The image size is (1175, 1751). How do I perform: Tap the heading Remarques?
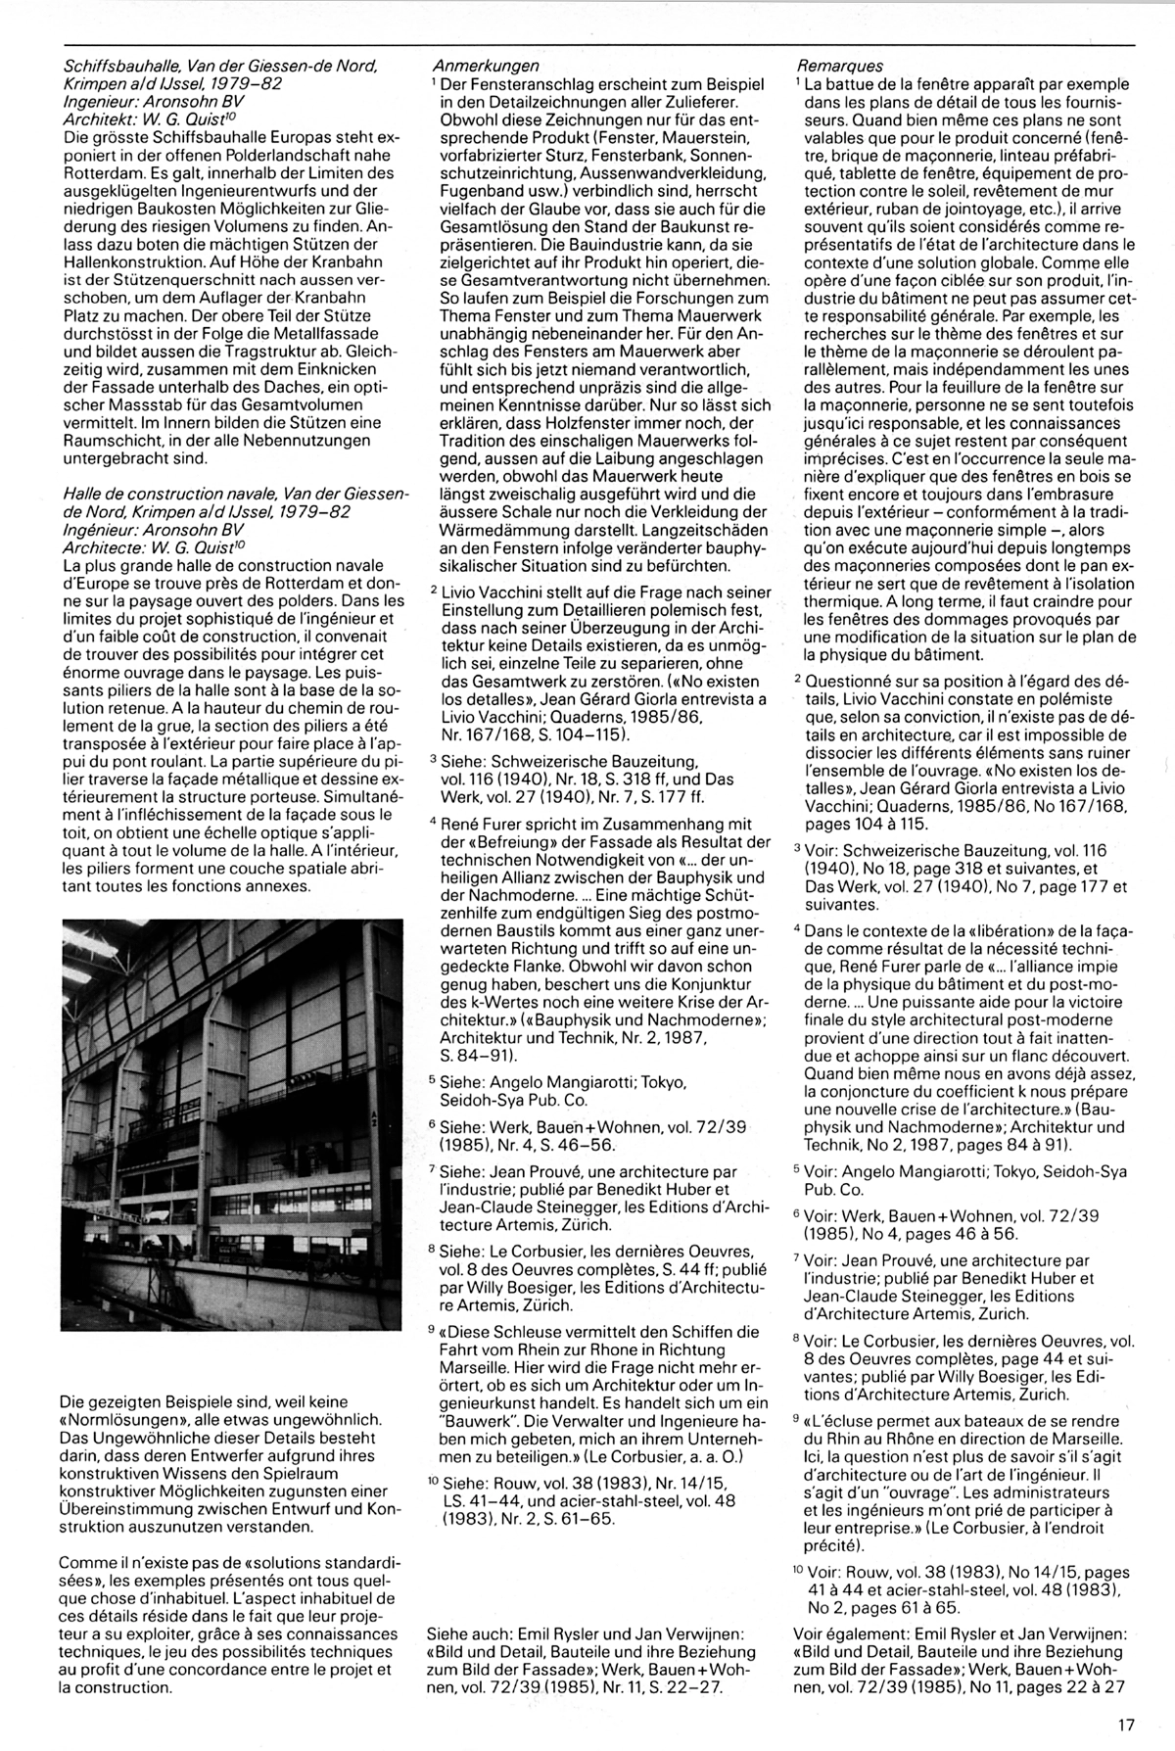tap(840, 66)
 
